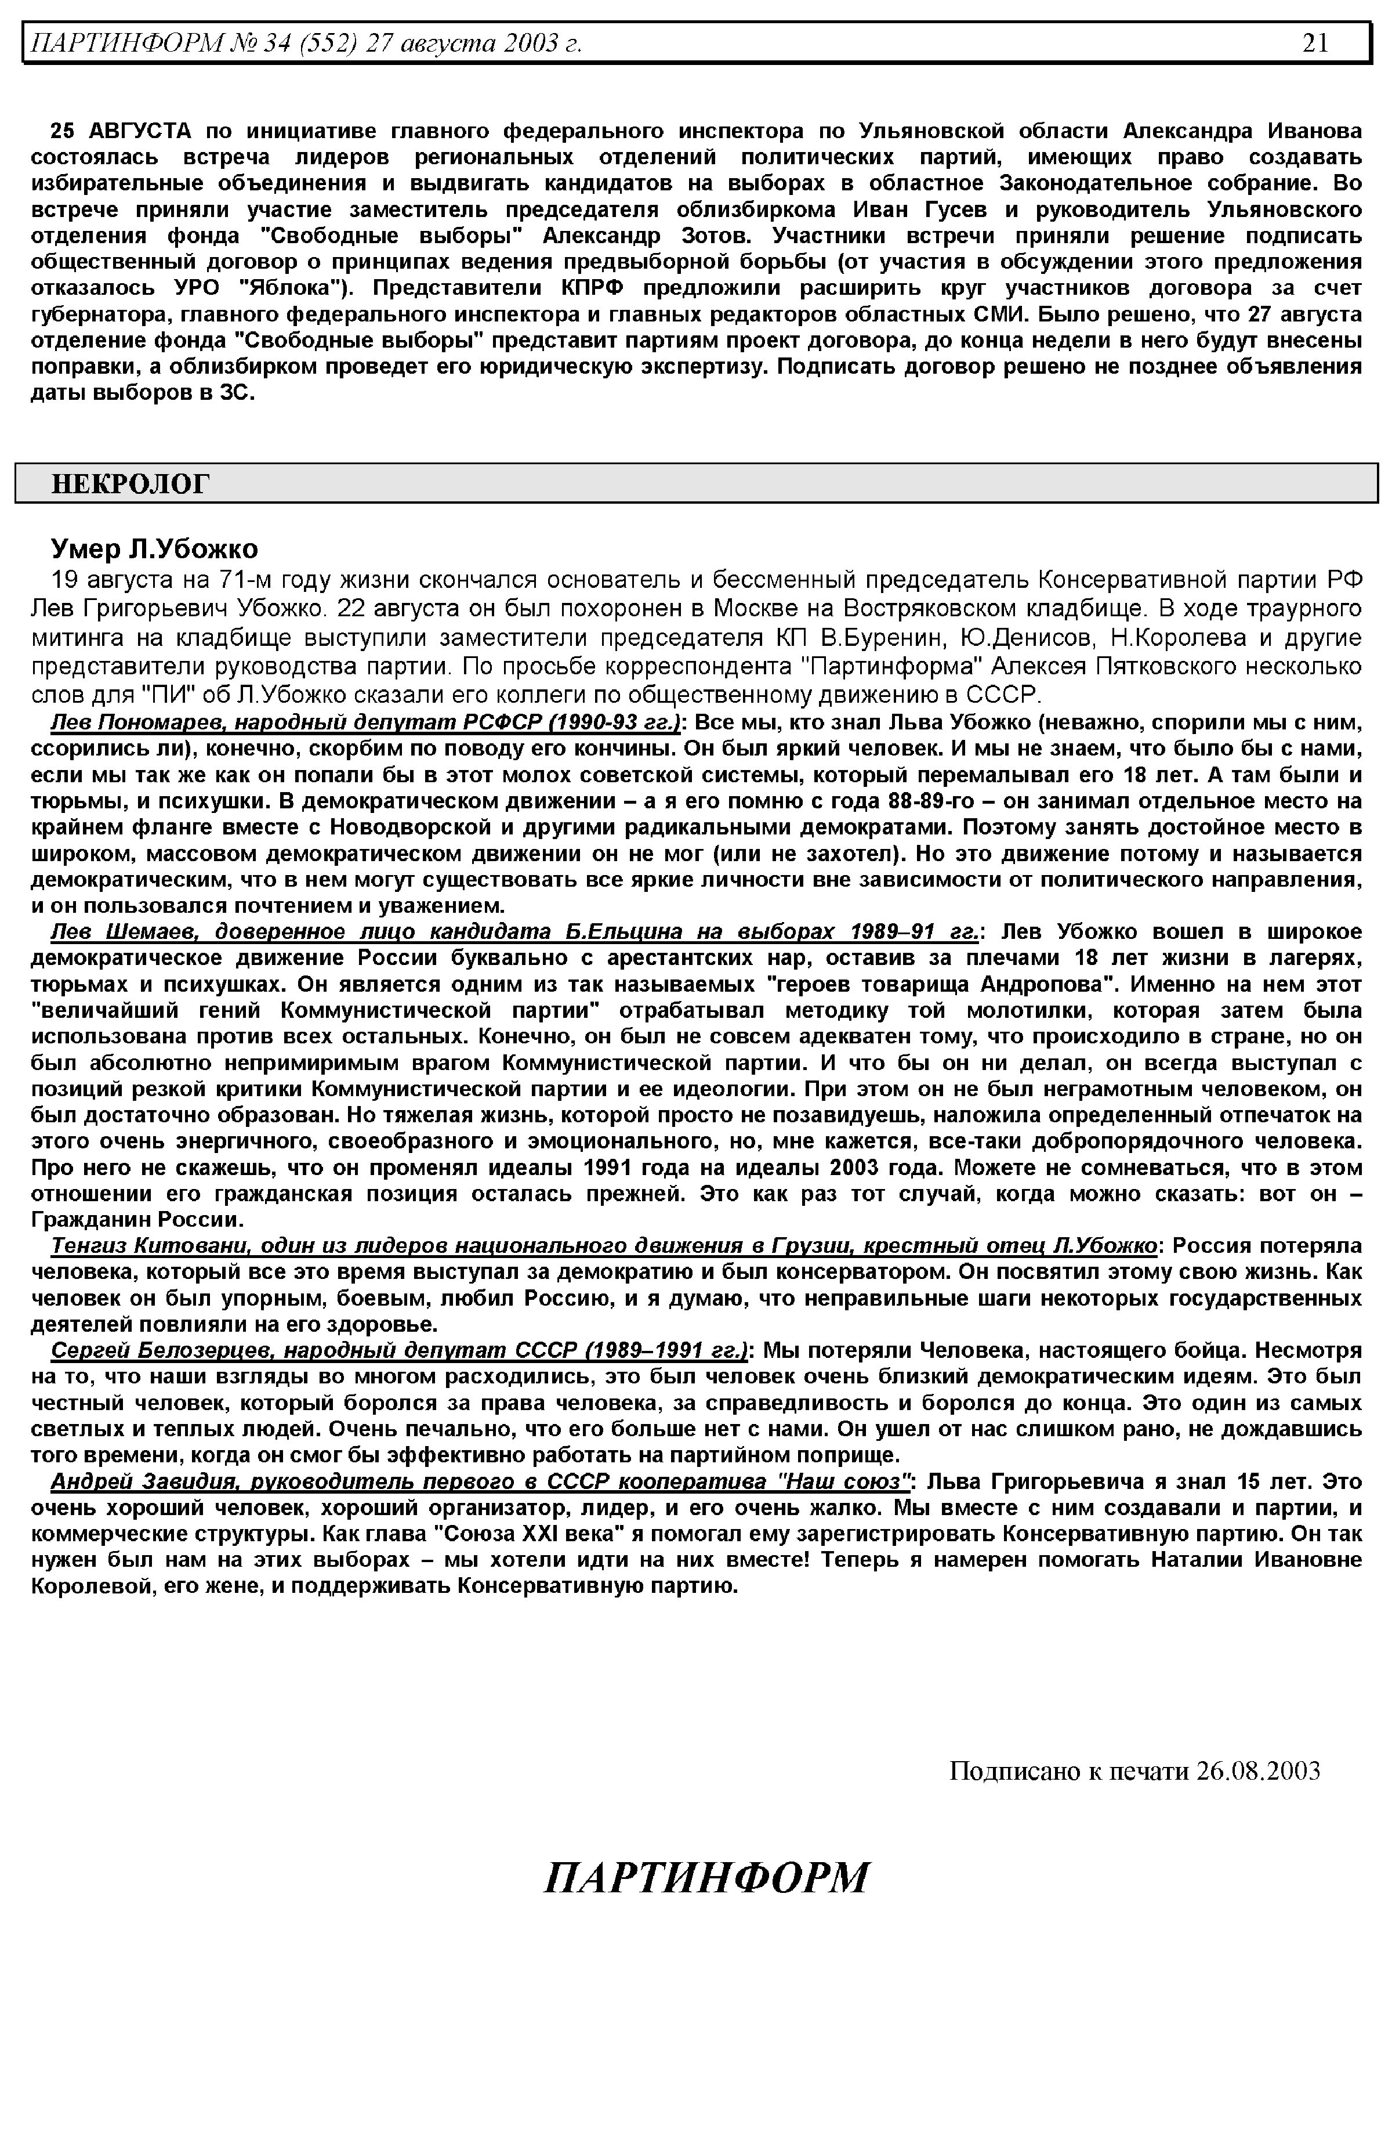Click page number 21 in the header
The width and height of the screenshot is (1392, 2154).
coord(1315,42)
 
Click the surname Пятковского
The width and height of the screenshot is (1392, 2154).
coord(1178,667)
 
